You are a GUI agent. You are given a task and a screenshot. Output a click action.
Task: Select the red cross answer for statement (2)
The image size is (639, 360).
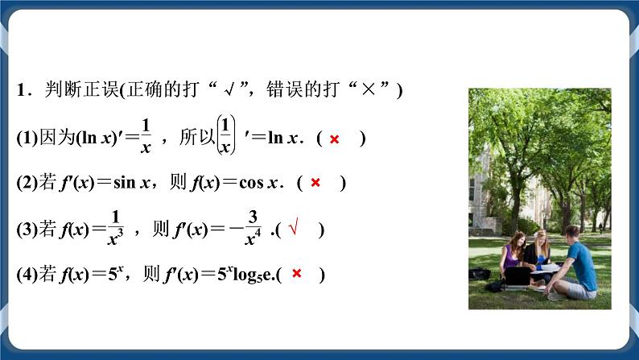pos(315,183)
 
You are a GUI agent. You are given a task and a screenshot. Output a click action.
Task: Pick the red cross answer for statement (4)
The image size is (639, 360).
pos(296,275)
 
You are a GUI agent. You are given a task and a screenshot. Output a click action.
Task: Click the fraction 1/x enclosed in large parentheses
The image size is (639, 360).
pos(226,135)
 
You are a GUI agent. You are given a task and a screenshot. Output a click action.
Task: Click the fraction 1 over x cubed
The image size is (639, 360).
pos(115,227)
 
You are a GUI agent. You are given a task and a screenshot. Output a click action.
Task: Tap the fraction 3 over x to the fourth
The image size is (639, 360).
pos(252,227)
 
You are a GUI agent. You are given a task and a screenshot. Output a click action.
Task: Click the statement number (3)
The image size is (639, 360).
pos(25,230)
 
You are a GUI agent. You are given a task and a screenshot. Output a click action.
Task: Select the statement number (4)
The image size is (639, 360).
pos(25,275)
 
